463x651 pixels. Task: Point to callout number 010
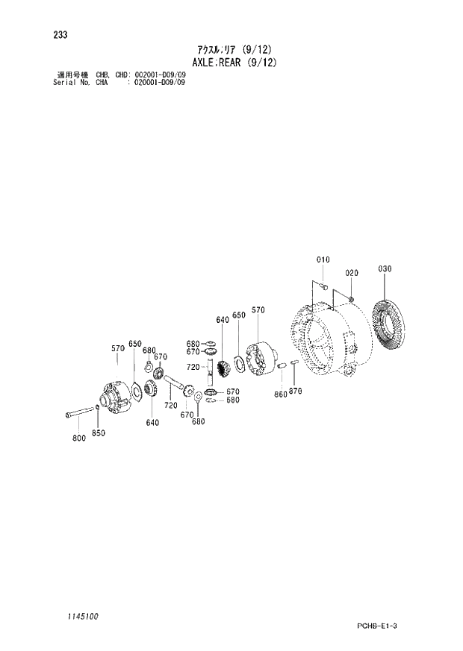[x=322, y=260]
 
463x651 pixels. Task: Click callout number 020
[x=352, y=272]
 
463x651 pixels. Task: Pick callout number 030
[x=385, y=268]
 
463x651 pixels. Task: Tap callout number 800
[x=79, y=438]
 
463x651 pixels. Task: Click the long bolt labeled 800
[x=78, y=412]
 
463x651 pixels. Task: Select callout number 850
[x=99, y=433]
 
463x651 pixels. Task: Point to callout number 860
[x=280, y=394]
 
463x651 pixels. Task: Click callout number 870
[x=295, y=391]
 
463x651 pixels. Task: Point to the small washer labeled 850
[x=99, y=408]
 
